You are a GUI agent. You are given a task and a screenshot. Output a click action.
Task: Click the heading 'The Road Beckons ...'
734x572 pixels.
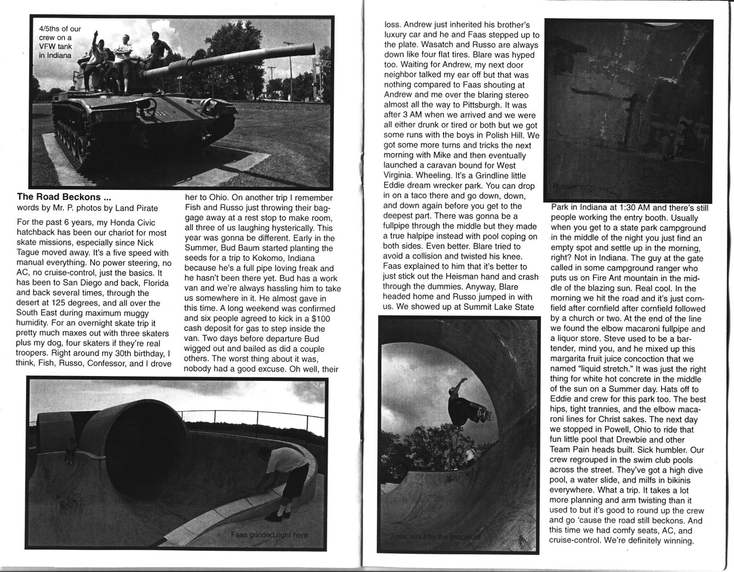60,197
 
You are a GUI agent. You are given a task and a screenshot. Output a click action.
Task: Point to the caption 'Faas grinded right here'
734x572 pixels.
269,535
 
